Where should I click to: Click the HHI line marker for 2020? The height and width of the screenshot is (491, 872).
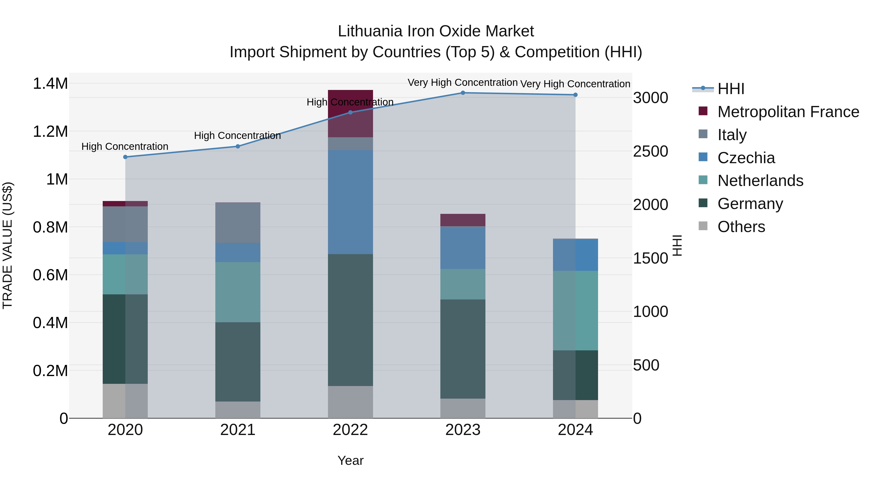pyautogui.click(x=125, y=157)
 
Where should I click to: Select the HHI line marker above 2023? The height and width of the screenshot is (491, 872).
pyautogui.click(x=463, y=93)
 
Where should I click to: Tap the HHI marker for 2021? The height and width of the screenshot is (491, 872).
pyautogui.click(x=238, y=146)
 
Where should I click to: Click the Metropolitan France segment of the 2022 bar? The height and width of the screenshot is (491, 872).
pyautogui.click(x=350, y=113)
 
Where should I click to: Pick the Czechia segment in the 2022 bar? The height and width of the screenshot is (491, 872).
pyautogui.click(x=350, y=202)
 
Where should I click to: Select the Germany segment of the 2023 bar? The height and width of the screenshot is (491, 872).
pyautogui.click(x=463, y=349)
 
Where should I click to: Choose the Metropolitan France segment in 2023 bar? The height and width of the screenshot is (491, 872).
pyautogui.click(x=463, y=220)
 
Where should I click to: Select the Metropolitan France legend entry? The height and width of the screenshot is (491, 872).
pyautogui.click(x=788, y=112)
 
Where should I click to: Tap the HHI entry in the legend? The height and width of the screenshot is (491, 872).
pyautogui.click(x=731, y=89)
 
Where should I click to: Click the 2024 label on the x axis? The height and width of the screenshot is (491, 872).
pyautogui.click(x=575, y=430)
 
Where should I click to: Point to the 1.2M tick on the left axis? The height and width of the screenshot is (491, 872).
pyautogui.click(x=50, y=131)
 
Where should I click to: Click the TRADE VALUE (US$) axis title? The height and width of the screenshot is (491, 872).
pyautogui.click(x=8, y=245)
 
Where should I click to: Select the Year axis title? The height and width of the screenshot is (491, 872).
pyautogui.click(x=350, y=460)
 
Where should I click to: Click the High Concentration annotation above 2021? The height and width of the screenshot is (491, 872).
pyautogui.click(x=237, y=136)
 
